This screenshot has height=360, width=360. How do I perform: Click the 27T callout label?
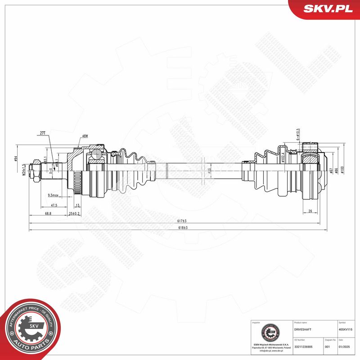(x=43, y=134)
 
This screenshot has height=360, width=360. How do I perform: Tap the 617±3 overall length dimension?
(x=181, y=221)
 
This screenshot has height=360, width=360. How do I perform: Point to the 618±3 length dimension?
(x=181, y=228)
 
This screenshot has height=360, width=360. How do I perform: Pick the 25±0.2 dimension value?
(x=74, y=213)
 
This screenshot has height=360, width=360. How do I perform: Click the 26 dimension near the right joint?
(x=310, y=211)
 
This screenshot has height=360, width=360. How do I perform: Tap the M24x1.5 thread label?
(x=23, y=171)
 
